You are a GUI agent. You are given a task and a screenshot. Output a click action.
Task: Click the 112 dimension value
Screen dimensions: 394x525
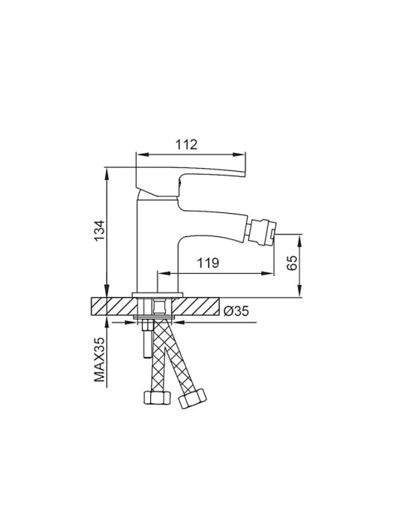[x=187, y=145]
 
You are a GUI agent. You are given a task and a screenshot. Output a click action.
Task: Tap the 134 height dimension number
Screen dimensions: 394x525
[x=99, y=231]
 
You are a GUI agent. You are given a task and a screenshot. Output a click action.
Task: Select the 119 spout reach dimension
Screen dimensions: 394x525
[x=208, y=262]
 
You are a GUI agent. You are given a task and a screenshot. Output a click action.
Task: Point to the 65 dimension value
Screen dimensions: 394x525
[x=292, y=262]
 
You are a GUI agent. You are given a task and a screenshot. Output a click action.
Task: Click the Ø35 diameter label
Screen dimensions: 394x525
[x=236, y=311]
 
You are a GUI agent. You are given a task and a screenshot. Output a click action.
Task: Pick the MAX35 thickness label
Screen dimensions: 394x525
[x=100, y=359]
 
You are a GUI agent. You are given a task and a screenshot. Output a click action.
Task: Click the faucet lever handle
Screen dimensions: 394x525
[x=191, y=181]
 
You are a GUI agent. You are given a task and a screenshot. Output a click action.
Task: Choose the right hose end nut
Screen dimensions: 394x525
[x=193, y=398]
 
